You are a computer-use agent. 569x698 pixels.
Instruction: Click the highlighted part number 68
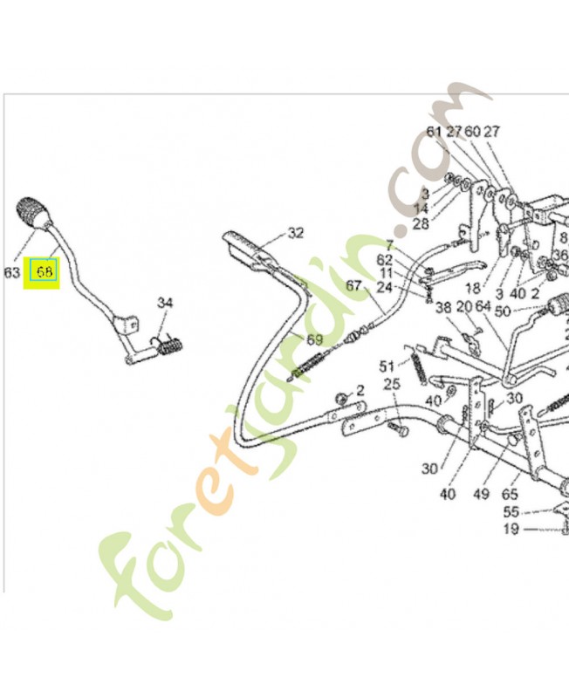click(45, 272)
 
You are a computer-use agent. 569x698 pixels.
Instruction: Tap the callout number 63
click(11, 272)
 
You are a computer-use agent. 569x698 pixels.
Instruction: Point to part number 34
click(166, 303)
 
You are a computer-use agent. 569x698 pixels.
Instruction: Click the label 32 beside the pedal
click(296, 233)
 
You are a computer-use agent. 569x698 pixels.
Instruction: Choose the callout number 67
click(353, 284)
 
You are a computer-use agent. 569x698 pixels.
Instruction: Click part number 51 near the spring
click(387, 365)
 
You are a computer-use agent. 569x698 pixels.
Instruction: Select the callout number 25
click(392, 384)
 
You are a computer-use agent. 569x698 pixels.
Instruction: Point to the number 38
click(443, 307)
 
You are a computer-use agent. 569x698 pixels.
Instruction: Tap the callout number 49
click(481, 495)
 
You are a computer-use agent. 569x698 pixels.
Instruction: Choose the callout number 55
click(511, 512)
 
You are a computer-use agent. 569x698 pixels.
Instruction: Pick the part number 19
click(511, 529)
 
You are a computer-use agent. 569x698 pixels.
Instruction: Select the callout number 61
click(435, 132)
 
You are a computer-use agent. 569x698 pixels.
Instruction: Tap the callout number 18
click(472, 288)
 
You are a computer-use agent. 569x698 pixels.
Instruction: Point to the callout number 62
click(385, 260)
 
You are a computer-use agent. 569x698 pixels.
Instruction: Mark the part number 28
click(421, 223)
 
